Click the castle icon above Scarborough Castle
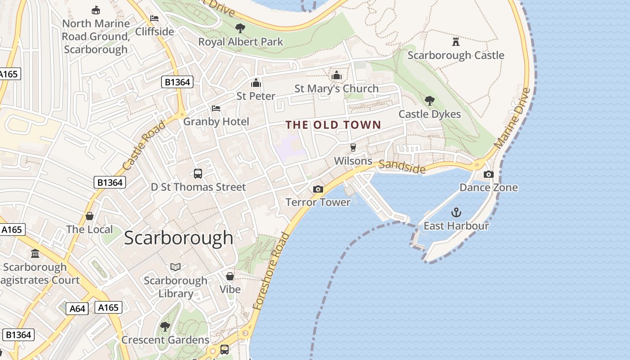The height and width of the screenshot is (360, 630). [x=456, y=42]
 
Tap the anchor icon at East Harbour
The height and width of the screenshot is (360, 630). [x=456, y=212]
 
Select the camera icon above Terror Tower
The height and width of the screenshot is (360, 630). [x=318, y=189]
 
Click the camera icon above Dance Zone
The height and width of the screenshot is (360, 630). [x=489, y=174]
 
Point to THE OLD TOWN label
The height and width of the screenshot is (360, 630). [x=333, y=125]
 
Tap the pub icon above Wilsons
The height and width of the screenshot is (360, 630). [x=353, y=148]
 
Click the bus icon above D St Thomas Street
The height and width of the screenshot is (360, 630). [x=198, y=174]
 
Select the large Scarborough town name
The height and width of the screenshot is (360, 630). [x=179, y=238]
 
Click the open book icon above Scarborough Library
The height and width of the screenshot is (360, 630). [x=175, y=267]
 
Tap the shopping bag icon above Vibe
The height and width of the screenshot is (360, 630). [x=230, y=276]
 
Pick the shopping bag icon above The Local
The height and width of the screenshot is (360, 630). [x=90, y=216]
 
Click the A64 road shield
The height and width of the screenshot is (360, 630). [x=77, y=309]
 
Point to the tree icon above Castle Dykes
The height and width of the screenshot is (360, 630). [x=430, y=100]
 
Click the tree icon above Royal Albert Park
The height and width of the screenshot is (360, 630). [x=240, y=28]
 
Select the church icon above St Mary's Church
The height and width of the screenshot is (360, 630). [x=337, y=75]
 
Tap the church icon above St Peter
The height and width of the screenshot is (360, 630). [x=256, y=83]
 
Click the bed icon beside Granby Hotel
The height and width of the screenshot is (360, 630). [x=216, y=108]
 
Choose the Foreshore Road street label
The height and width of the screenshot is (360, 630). [x=271, y=271]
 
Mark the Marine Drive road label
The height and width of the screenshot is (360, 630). [x=513, y=118]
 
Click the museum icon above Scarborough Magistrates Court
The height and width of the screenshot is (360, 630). [x=35, y=254]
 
